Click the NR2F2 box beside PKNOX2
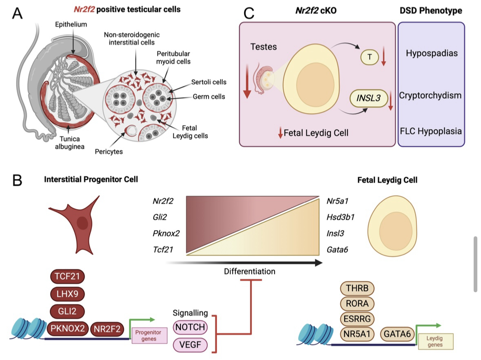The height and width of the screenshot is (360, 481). click(x=107, y=329)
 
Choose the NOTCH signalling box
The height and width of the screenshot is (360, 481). click(x=191, y=327)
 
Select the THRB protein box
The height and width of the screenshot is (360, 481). click(x=357, y=289)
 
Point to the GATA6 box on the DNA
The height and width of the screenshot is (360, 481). click(x=398, y=334)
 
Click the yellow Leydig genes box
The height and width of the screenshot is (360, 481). click(x=434, y=342)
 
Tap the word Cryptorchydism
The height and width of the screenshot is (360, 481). click(x=430, y=96)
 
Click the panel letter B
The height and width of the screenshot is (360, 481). click(x=18, y=180)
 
